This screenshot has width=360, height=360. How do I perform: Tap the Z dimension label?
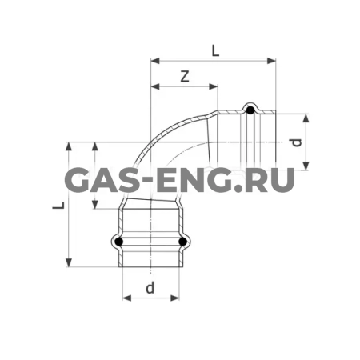tap(184, 76)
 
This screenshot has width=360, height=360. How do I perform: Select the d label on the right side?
tap(296, 142)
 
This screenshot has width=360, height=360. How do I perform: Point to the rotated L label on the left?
tap(58, 206)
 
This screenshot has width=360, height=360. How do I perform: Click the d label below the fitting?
tap(150, 287)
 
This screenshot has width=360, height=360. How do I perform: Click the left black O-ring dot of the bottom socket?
tap(119, 242)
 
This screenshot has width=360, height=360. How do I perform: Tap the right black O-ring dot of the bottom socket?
tap(183, 242)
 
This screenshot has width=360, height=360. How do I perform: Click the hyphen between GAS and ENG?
tap(141, 182)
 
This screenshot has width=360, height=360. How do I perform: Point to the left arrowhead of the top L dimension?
tap(154, 59)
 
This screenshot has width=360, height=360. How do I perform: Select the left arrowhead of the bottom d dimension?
tap(125, 298)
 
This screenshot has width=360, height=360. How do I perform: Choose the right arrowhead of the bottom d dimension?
tap(178, 298)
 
